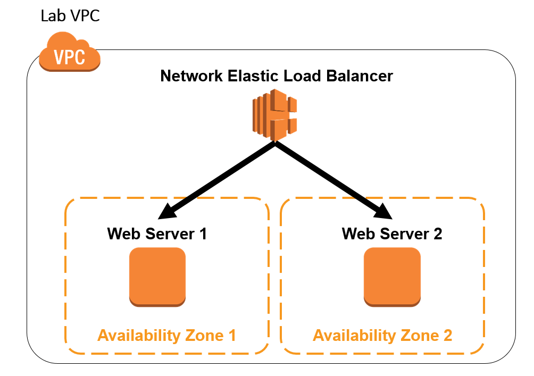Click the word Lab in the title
[52, 16]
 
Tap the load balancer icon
[274, 115]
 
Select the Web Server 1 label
[157, 234]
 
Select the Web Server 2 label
[391, 234]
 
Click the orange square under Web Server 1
[157, 277]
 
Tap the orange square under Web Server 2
[392, 277]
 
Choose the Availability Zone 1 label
[166, 336]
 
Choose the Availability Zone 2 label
[382, 336]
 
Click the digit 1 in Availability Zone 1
[231, 336]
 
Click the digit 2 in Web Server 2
[437, 234]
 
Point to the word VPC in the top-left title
[82, 16]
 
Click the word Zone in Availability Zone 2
[418, 336]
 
